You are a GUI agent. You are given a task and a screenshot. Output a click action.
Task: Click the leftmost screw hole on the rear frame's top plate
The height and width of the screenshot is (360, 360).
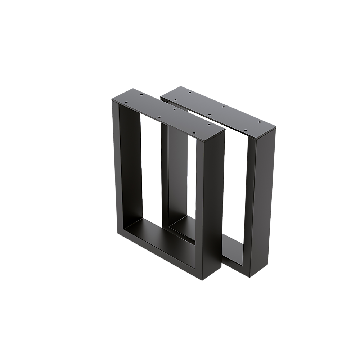(175, 100)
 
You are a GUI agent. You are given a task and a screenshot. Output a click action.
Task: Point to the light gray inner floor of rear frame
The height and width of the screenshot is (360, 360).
(232, 248)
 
